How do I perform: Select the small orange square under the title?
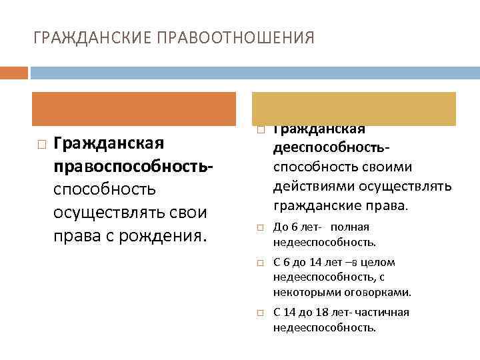[x=14, y=72]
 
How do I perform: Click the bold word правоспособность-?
[x=133, y=166]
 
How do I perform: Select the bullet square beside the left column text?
[x=41, y=144]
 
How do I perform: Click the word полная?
[x=349, y=227]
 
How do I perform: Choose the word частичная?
[x=382, y=312]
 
